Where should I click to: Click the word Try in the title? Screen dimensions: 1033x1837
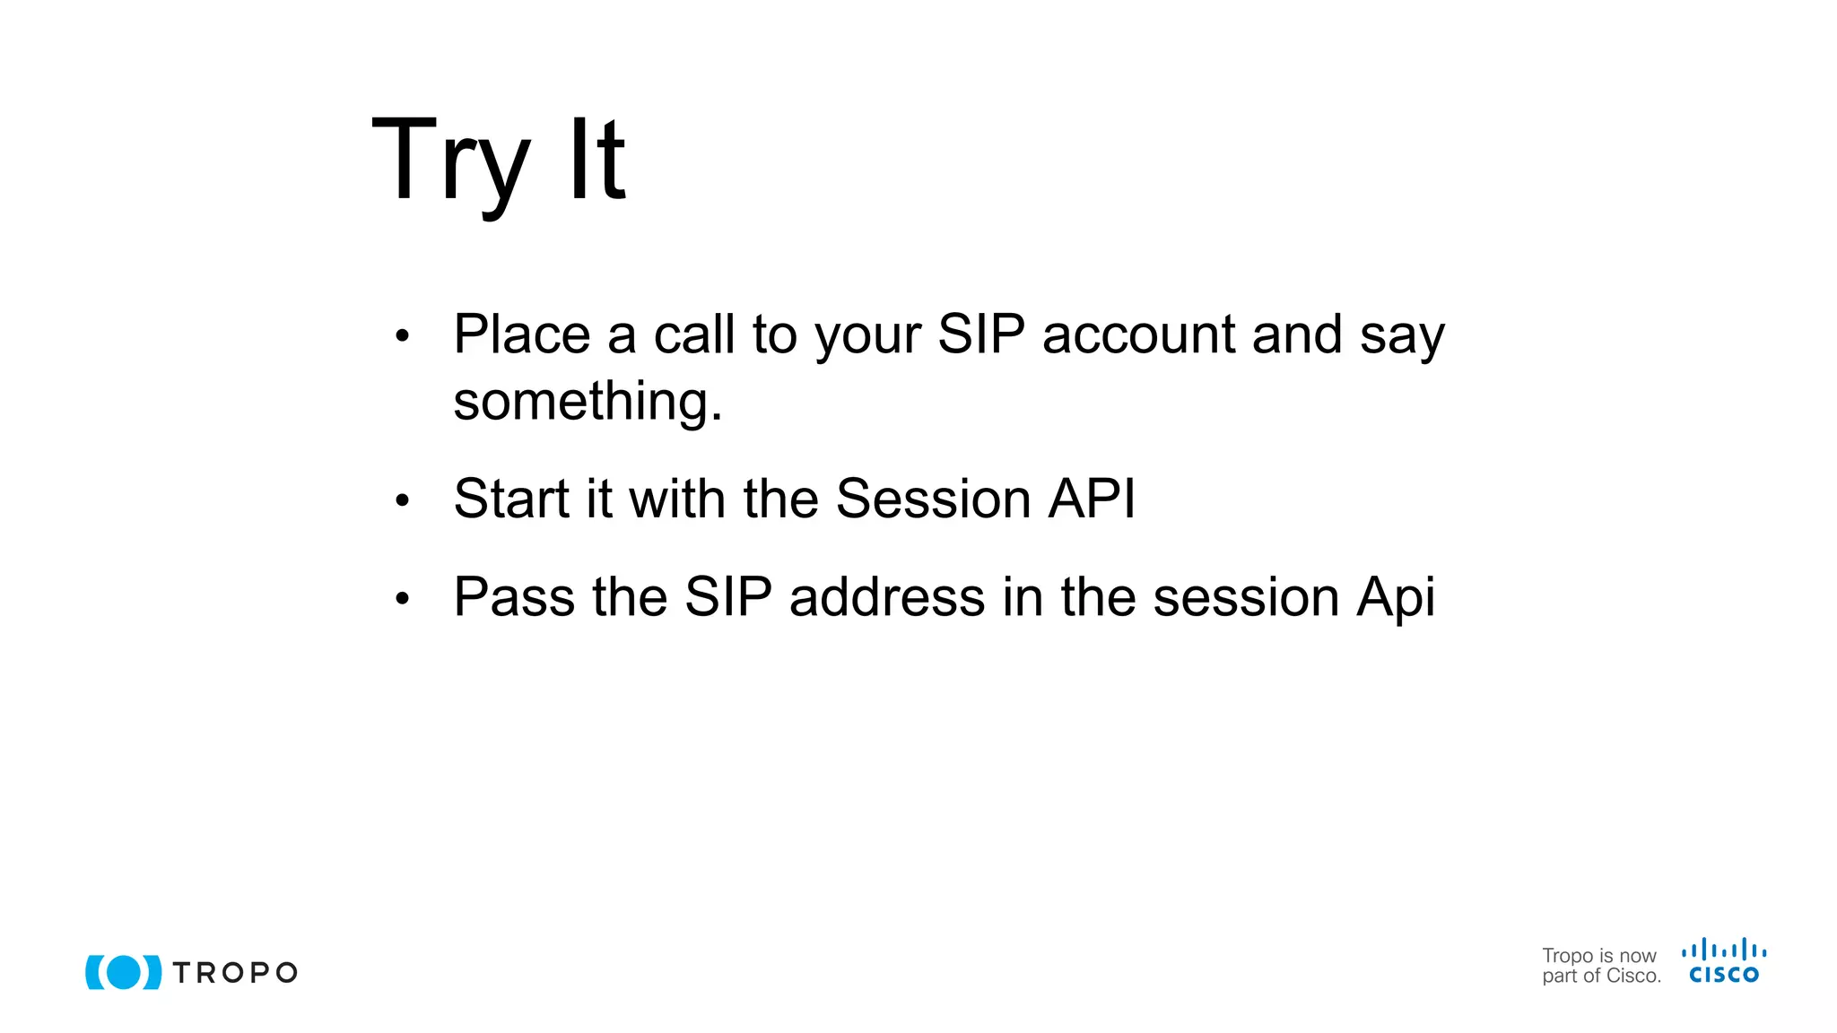pos(450,161)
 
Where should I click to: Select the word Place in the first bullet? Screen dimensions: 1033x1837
pos(522,334)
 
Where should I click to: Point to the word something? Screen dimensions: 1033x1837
pos(588,401)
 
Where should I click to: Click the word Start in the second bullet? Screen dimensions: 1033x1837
pos(511,499)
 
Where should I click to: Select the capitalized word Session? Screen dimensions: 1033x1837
pos(933,499)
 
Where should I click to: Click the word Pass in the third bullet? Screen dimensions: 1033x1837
pos(514,597)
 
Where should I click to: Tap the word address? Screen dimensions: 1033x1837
pos(886,597)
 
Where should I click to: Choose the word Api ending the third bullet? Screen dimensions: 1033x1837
pos(1396,599)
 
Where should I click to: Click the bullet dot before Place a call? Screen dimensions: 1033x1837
pos(402,337)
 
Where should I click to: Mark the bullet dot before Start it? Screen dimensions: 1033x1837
pos(402,501)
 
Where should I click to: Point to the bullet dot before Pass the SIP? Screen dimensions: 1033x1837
pos(402,599)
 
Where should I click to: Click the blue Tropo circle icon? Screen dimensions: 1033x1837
pos(124,972)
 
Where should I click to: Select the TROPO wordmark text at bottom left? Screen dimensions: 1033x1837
pos(235,973)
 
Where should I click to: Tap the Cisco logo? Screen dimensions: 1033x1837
pos(1723,961)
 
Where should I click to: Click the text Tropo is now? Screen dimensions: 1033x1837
pos(1598,956)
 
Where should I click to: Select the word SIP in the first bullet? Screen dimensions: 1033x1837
pos(980,334)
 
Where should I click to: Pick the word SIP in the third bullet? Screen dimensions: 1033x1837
pos(727,597)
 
